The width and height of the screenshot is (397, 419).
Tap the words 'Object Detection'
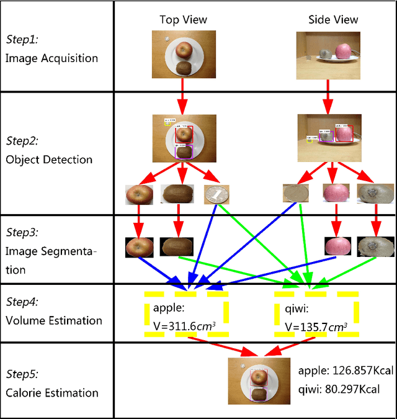coord(49,160)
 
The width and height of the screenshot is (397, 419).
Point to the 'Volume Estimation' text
coord(54,320)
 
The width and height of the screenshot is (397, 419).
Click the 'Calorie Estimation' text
coord(52,392)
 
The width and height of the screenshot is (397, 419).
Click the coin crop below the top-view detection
coord(217,195)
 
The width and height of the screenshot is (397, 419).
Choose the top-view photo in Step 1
coord(184,54)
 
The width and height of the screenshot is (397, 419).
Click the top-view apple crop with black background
coord(139,246)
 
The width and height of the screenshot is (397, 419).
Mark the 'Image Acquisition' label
coord(52,58)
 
